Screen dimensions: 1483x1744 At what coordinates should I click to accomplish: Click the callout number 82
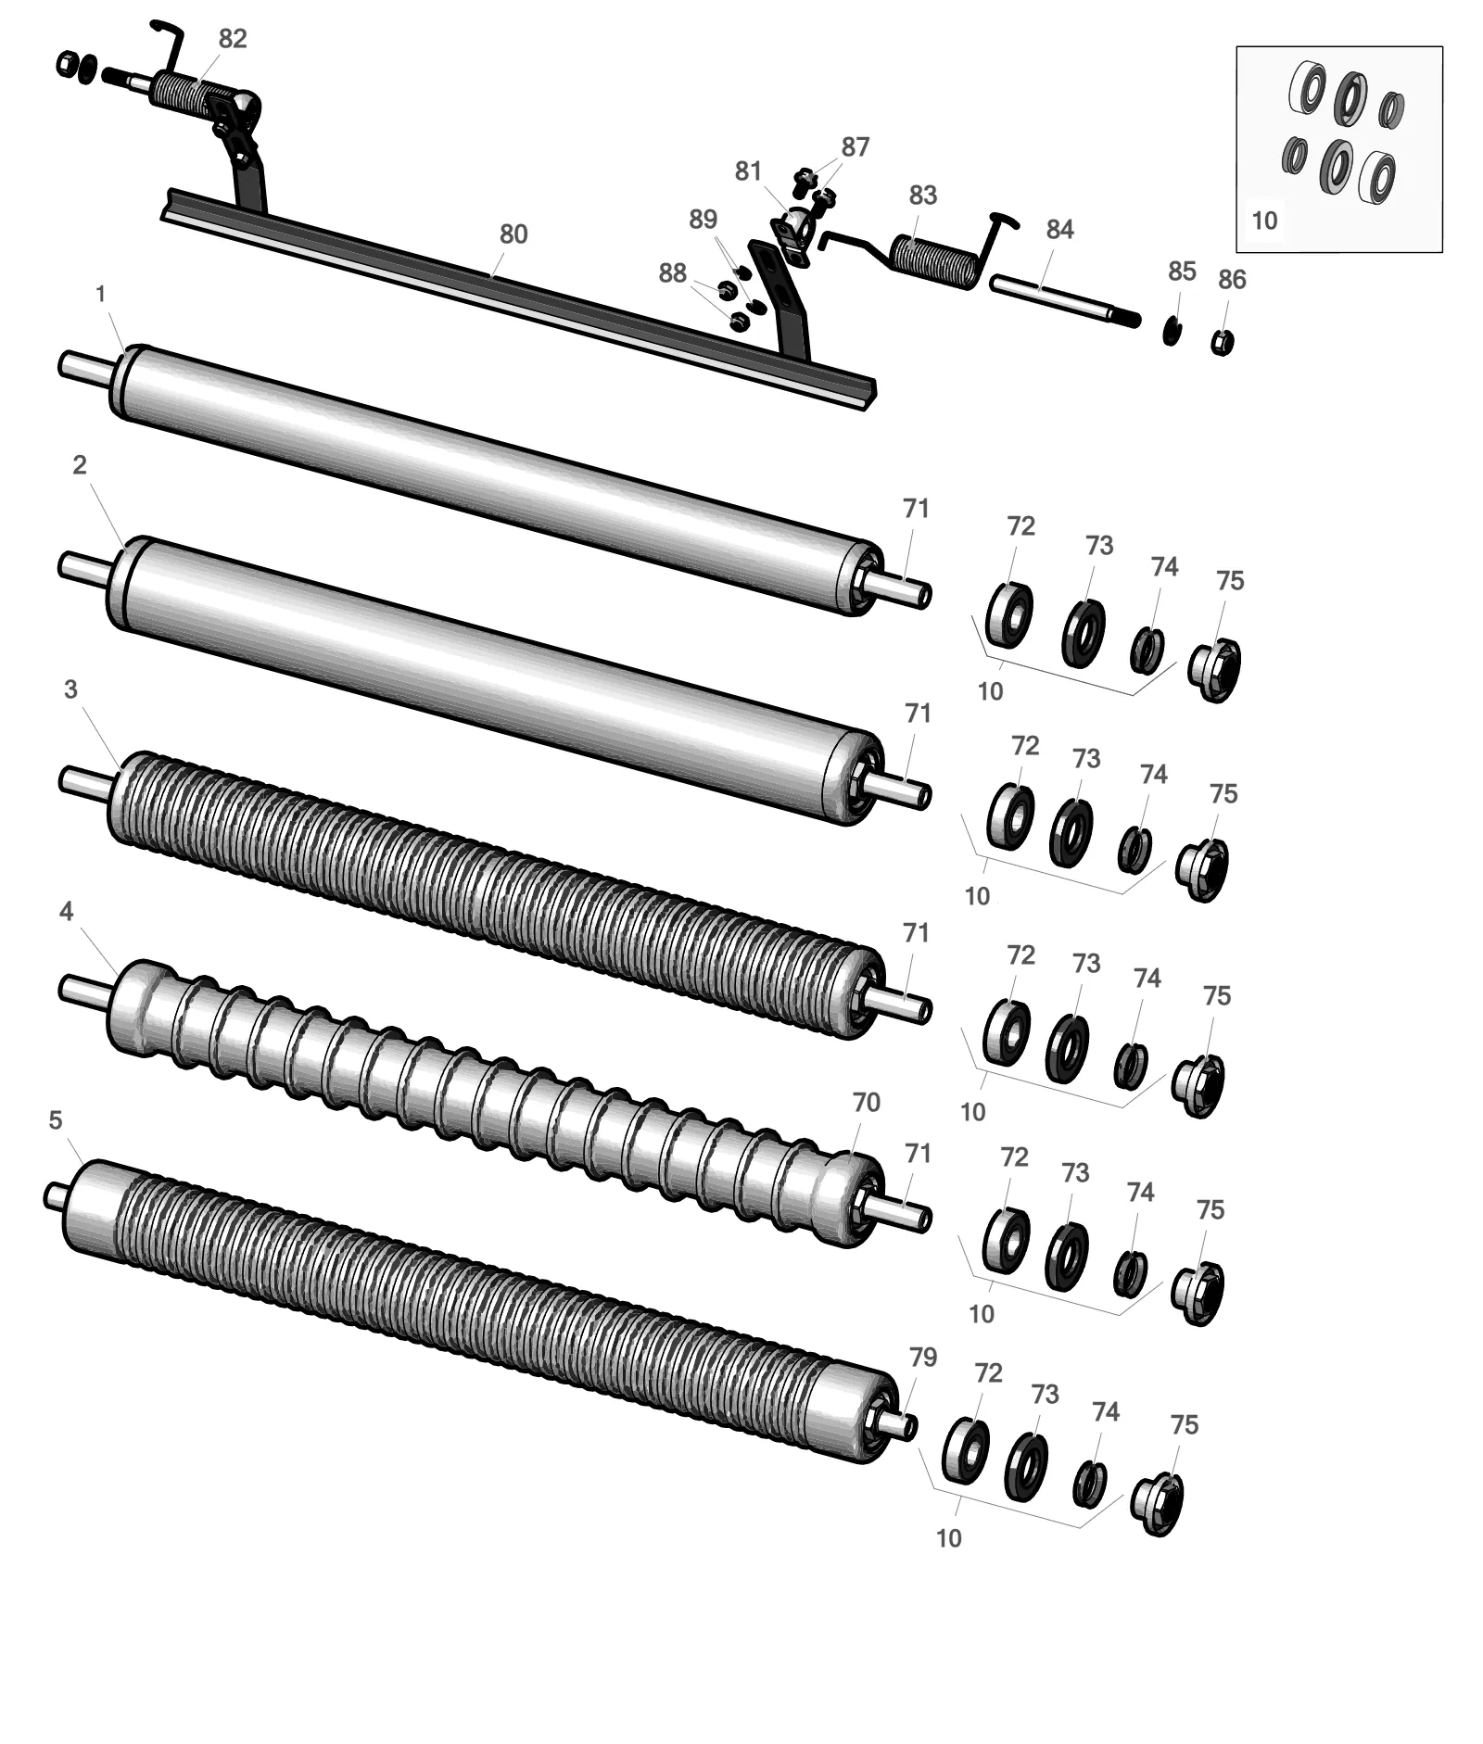(x=233, y=39)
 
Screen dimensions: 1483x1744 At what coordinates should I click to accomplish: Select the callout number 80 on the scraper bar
(x=513, y=234)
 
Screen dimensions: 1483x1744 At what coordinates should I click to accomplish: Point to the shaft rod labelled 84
(x=1064, y=300)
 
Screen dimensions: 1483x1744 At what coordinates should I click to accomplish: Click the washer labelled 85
(x=1172, y=330)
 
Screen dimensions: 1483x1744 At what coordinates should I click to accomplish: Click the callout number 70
(x=866, y=1103)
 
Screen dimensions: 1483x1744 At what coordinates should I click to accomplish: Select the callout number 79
(x=923, y=1358)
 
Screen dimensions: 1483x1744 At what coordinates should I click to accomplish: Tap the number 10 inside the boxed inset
(x=1264, y=221)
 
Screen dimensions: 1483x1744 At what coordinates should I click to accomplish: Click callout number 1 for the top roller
(x=101, y=294)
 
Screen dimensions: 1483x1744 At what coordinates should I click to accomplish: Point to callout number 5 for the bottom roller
(x=56, y=1120)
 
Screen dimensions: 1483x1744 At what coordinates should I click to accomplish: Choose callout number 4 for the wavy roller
(x=66, y=912)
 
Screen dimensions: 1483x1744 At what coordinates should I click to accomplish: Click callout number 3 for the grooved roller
(x=71, y=689)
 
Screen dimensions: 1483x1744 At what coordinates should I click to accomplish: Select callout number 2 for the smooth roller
(x=80, y=464)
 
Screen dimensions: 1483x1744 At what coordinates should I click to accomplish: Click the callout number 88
(x=673, y=273)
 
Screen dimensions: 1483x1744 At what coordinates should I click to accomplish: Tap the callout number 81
(x=748, y=171)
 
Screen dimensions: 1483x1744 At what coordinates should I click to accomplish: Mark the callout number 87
(x=856, y=147)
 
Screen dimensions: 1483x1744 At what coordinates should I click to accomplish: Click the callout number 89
(x=703, y=220)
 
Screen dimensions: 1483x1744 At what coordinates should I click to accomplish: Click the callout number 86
(x=1232, y=280)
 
